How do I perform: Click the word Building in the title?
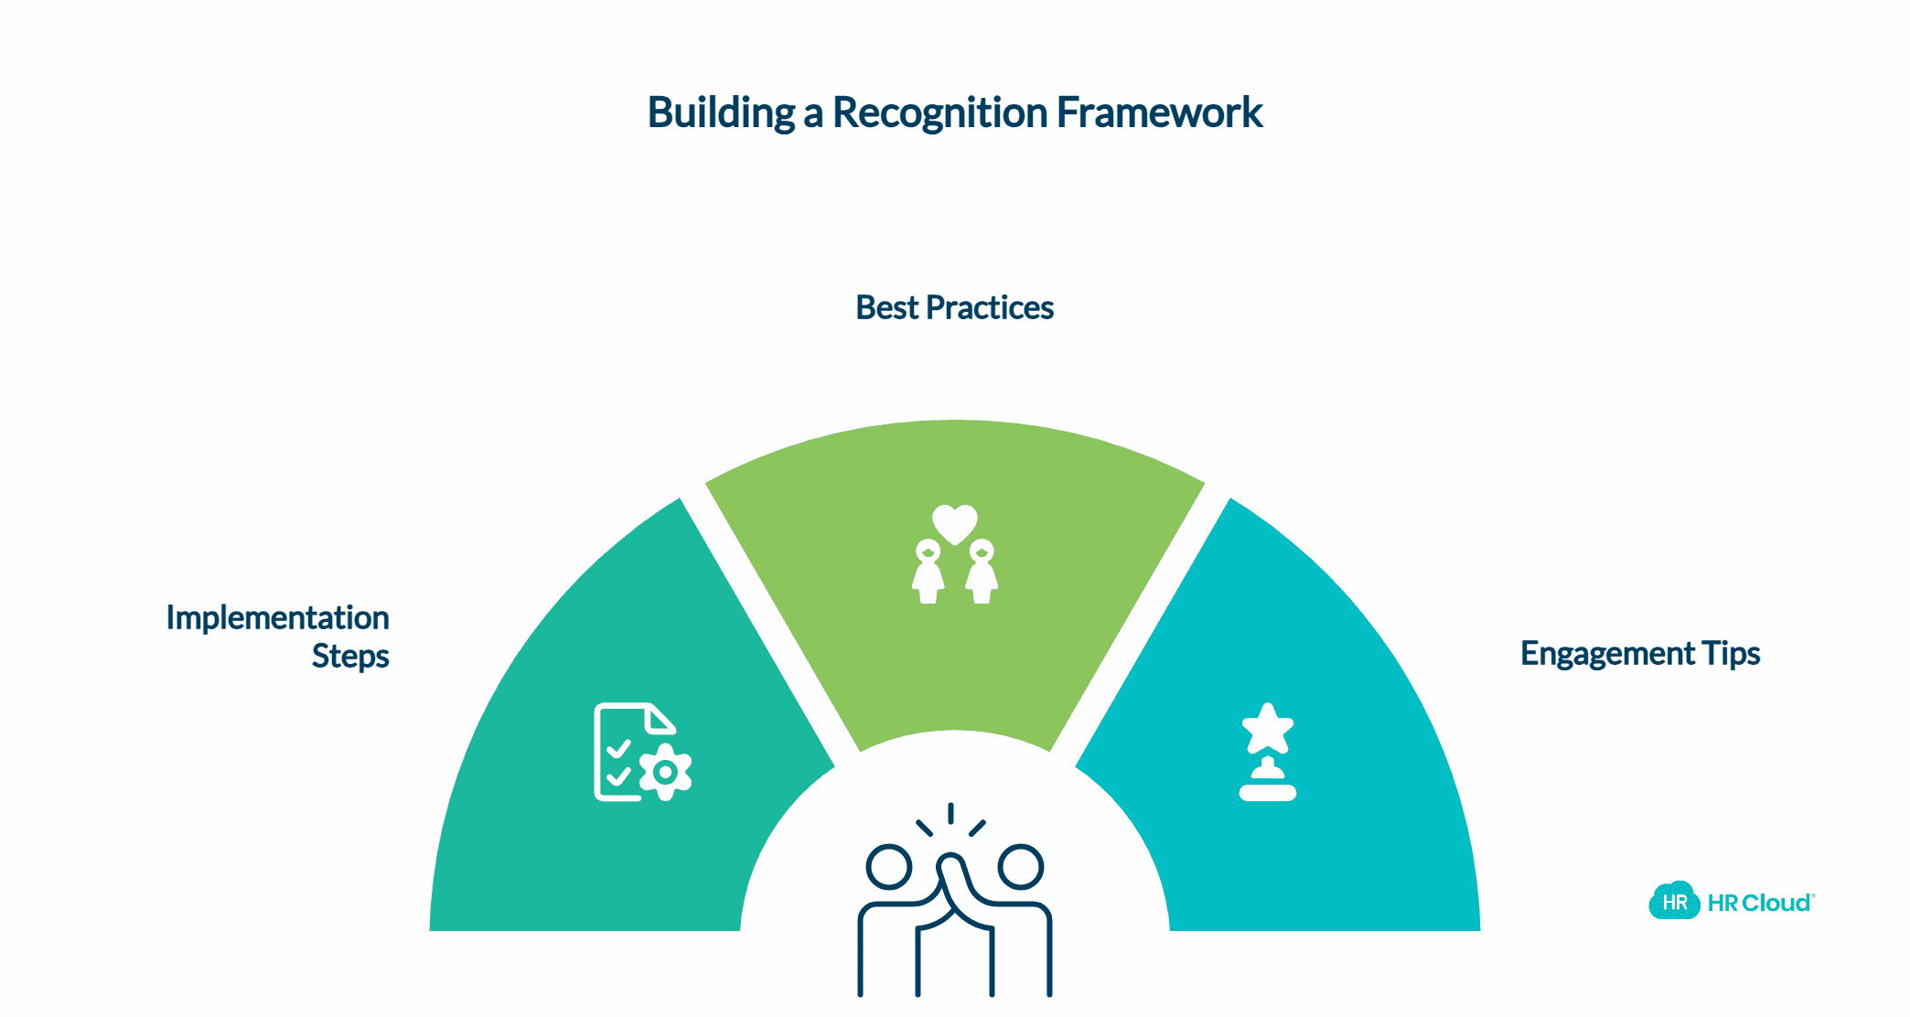pyautogui.click(x=721, y=113)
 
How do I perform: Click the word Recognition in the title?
pyautogui.click(x=939, y=113)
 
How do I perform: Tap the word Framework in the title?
pyautogui.click(x=1159, y=113)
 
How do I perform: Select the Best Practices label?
pyautogui.click(x=954, y=308)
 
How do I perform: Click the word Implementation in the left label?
pyautogui.click(x=277, y=618)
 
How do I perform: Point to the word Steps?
pyautogui.click(x=350, y=657)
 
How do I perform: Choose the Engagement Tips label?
pyautogui.click(x=1639, y=654)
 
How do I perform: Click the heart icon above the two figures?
pyautogui.click(x=954, y=523)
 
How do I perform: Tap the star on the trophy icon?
pyautogui.click(x=1267, y=728)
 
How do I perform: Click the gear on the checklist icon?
pyautogui.click(x=666, y=772)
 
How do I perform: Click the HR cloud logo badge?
pyautogui.click(x=1674, y=902)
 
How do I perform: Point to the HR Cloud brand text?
pyautogui.click(x=1759, y=904)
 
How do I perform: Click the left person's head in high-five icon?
pyautogui.click(x=888, y=866)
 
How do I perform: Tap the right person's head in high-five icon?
pyautogui.click(x=1020, y=866)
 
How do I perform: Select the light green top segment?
pyautogui.click(x=954, y=640)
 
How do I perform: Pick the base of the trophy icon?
pyautogui.click(x=1267, y=792)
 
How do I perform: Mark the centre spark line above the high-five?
pyautogui.click(x=951, y=812)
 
